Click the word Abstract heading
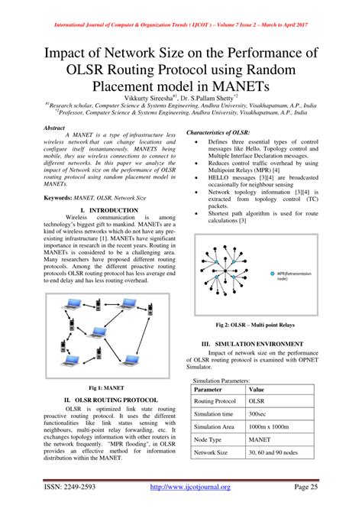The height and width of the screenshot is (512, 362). pos(55,128)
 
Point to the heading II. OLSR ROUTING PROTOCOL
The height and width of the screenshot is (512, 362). pos(111,399)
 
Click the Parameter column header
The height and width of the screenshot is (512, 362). pos(212,389)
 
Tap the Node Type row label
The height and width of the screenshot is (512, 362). pos(210,440)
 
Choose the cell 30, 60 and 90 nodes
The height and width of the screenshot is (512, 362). pos(275,453)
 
